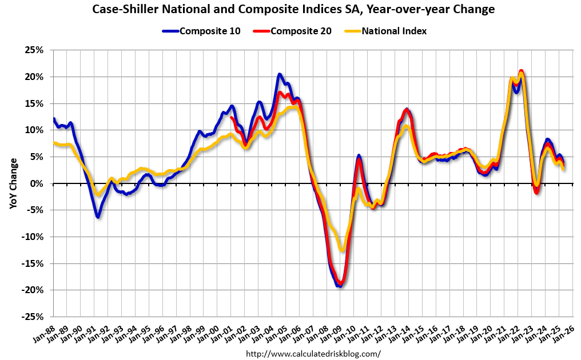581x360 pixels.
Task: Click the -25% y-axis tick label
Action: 33,317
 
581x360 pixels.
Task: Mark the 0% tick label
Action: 37,183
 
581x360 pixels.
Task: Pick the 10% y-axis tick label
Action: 34,130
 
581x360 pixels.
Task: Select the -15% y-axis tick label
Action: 33,263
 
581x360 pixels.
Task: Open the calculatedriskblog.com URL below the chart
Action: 313,354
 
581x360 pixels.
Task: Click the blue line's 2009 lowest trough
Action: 339,286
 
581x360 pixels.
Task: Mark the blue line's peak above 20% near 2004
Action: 279,74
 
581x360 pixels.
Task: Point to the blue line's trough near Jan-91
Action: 98,217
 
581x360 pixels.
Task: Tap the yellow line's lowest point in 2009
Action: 342,250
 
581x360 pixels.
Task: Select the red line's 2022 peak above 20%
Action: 521,71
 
